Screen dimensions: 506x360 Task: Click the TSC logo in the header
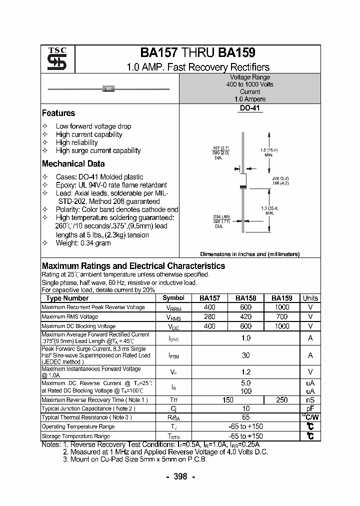tap(56, 59)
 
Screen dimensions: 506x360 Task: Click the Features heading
tap(58, 113)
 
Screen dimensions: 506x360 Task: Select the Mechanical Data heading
tap(73, 163)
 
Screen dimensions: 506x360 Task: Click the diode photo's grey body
tap(108, 88)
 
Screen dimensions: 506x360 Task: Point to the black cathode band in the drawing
tap(243, 186)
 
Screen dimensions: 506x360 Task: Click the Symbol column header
tap(173, 298)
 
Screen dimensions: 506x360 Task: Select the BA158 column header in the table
tap(245, 298)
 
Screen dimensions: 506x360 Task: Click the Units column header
tap(310, 298)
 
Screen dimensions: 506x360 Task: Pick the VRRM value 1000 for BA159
tap(282, 307)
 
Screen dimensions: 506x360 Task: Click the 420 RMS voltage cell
tap(245, 316)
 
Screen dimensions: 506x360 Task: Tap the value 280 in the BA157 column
tap(209, 316)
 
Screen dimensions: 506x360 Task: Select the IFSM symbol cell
tap(173, 355)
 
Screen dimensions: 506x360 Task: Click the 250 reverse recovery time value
tap(282, 399)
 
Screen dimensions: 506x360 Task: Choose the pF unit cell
tap(310, 408)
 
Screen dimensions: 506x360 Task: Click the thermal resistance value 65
tap(245, 417)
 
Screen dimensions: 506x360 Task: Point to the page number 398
tap(180, 476)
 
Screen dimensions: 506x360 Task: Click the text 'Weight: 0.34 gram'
tap(83, 243)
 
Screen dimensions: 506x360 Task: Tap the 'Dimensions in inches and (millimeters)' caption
tap(249, 254)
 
